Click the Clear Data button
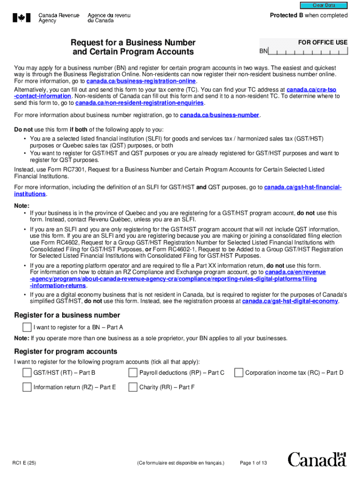coord(324,6)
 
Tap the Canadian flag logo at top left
coord(21,18)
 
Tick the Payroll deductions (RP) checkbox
coord(133,373)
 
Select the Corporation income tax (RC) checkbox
coord(239,373)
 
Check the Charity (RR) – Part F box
coord(133,387)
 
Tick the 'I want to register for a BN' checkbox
coord(28,327)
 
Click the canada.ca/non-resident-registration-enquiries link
coord(139,103)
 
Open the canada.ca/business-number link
coord(219,115)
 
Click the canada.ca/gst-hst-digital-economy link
coord(290,301)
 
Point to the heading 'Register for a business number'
coord(67,315)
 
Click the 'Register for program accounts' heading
coord(65,352)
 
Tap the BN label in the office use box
coord(264,51)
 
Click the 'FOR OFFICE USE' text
coord(323,42)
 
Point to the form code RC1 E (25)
coord(24,463)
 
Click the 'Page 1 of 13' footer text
coord(253,463)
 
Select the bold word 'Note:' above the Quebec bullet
coord(22,206)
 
